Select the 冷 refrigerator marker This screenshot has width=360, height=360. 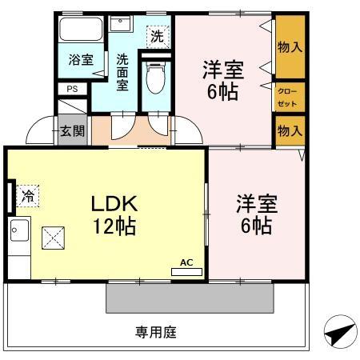click(x=29, y=194)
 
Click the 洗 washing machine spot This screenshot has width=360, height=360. click(x=157, y=35)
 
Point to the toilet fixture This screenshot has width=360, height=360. click(x=156, y=78)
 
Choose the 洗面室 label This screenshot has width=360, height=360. click(x=123, y=71)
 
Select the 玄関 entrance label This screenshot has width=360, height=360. click(x=70, y=130)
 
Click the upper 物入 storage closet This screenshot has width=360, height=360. click(x=289, y=47)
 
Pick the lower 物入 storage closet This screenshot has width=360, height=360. click(x=289, y=130)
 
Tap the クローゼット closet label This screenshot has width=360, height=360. click(x=288, y=97)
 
